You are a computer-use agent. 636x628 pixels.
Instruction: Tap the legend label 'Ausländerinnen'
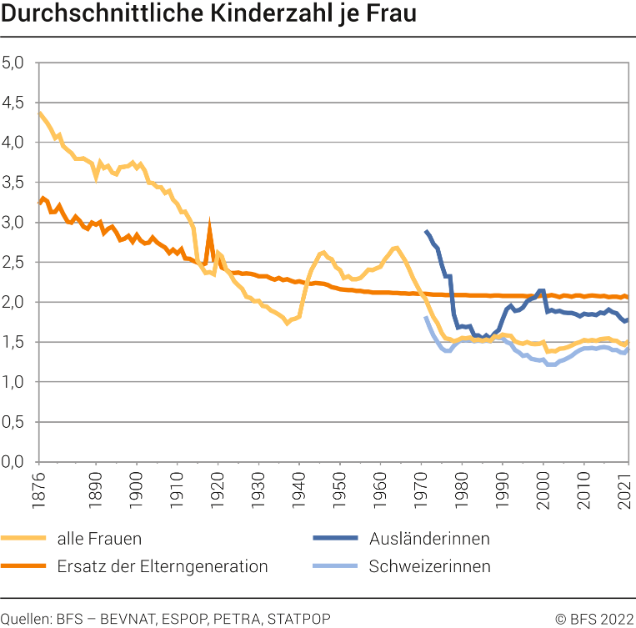click(429, 539)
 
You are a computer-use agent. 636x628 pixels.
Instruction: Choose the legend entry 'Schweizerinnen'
click(429, 567)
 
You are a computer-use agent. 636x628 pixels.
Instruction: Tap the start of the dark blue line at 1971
click(426, 231)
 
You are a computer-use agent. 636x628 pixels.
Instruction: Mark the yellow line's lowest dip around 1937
click(288, 323)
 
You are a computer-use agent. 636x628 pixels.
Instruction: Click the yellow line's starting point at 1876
click(39, 113)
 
